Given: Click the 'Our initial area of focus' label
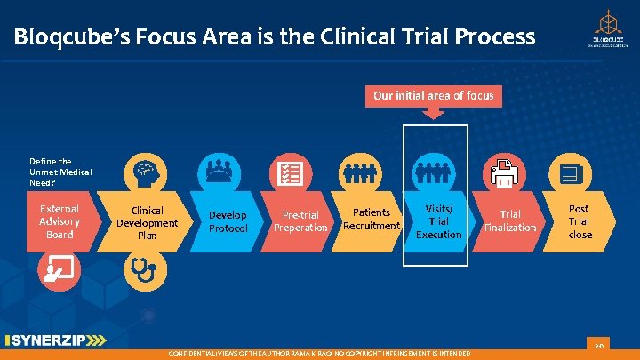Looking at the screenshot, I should coord(433,95).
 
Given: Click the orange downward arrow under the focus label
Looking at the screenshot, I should coord(433,113).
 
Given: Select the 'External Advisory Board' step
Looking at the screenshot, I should coord(60,221).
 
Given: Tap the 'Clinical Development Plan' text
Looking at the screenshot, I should coord(148,223).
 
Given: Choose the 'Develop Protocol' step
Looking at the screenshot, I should coord(228,222).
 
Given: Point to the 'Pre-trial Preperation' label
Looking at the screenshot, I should coord(300,221).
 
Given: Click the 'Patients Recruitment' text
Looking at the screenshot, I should coord(372,219).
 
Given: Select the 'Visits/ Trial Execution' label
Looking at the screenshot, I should coord(438,221).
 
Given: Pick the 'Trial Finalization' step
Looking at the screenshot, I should coord(510,220).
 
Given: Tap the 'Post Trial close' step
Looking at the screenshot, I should coord(580,221).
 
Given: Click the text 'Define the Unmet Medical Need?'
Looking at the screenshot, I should coord(60,171).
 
